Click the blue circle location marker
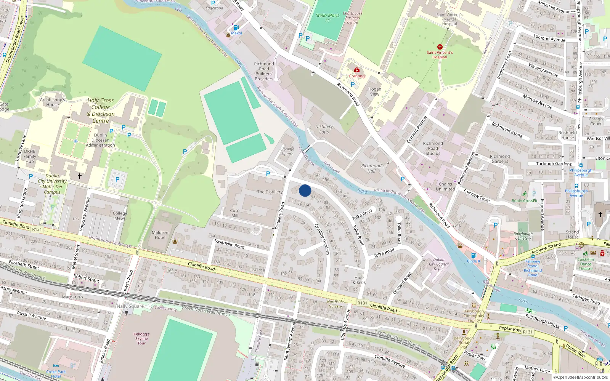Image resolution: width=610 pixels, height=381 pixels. click(x=305, y=190)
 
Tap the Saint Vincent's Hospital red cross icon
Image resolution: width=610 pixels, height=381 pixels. click(x=440, y=47)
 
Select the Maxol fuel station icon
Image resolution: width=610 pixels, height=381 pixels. click(x=236, y=27)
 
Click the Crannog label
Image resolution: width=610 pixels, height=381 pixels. click(x=357, y=76)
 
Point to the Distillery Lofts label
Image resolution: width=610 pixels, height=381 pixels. click(x=324, y=129)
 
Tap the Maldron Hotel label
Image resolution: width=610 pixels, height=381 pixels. click(x=160, y=235)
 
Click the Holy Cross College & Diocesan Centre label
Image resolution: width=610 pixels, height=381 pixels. click(x=101, y=110)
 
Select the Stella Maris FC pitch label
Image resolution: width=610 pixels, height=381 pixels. click(x=327, y=18)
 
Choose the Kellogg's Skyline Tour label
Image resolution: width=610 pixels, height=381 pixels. click(x=141, y=339)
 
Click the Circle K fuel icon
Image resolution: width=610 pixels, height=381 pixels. click(x=474, y=255)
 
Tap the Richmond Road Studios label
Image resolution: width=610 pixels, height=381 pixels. click(x=433, y=149)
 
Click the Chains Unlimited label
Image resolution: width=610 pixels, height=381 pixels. click(x=445, y=186)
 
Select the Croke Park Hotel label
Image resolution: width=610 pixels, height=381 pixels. click(x=56, y=374)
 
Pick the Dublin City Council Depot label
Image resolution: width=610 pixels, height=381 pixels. click(x=439, y=264)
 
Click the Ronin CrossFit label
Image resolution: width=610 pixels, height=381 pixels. click(x=524, y=201)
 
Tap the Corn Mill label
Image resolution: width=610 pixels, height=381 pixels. click(x=235, y=213)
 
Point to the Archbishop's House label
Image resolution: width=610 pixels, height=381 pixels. click(x=53, y=102)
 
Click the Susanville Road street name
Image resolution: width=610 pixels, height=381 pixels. click(x=229, y=243)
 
